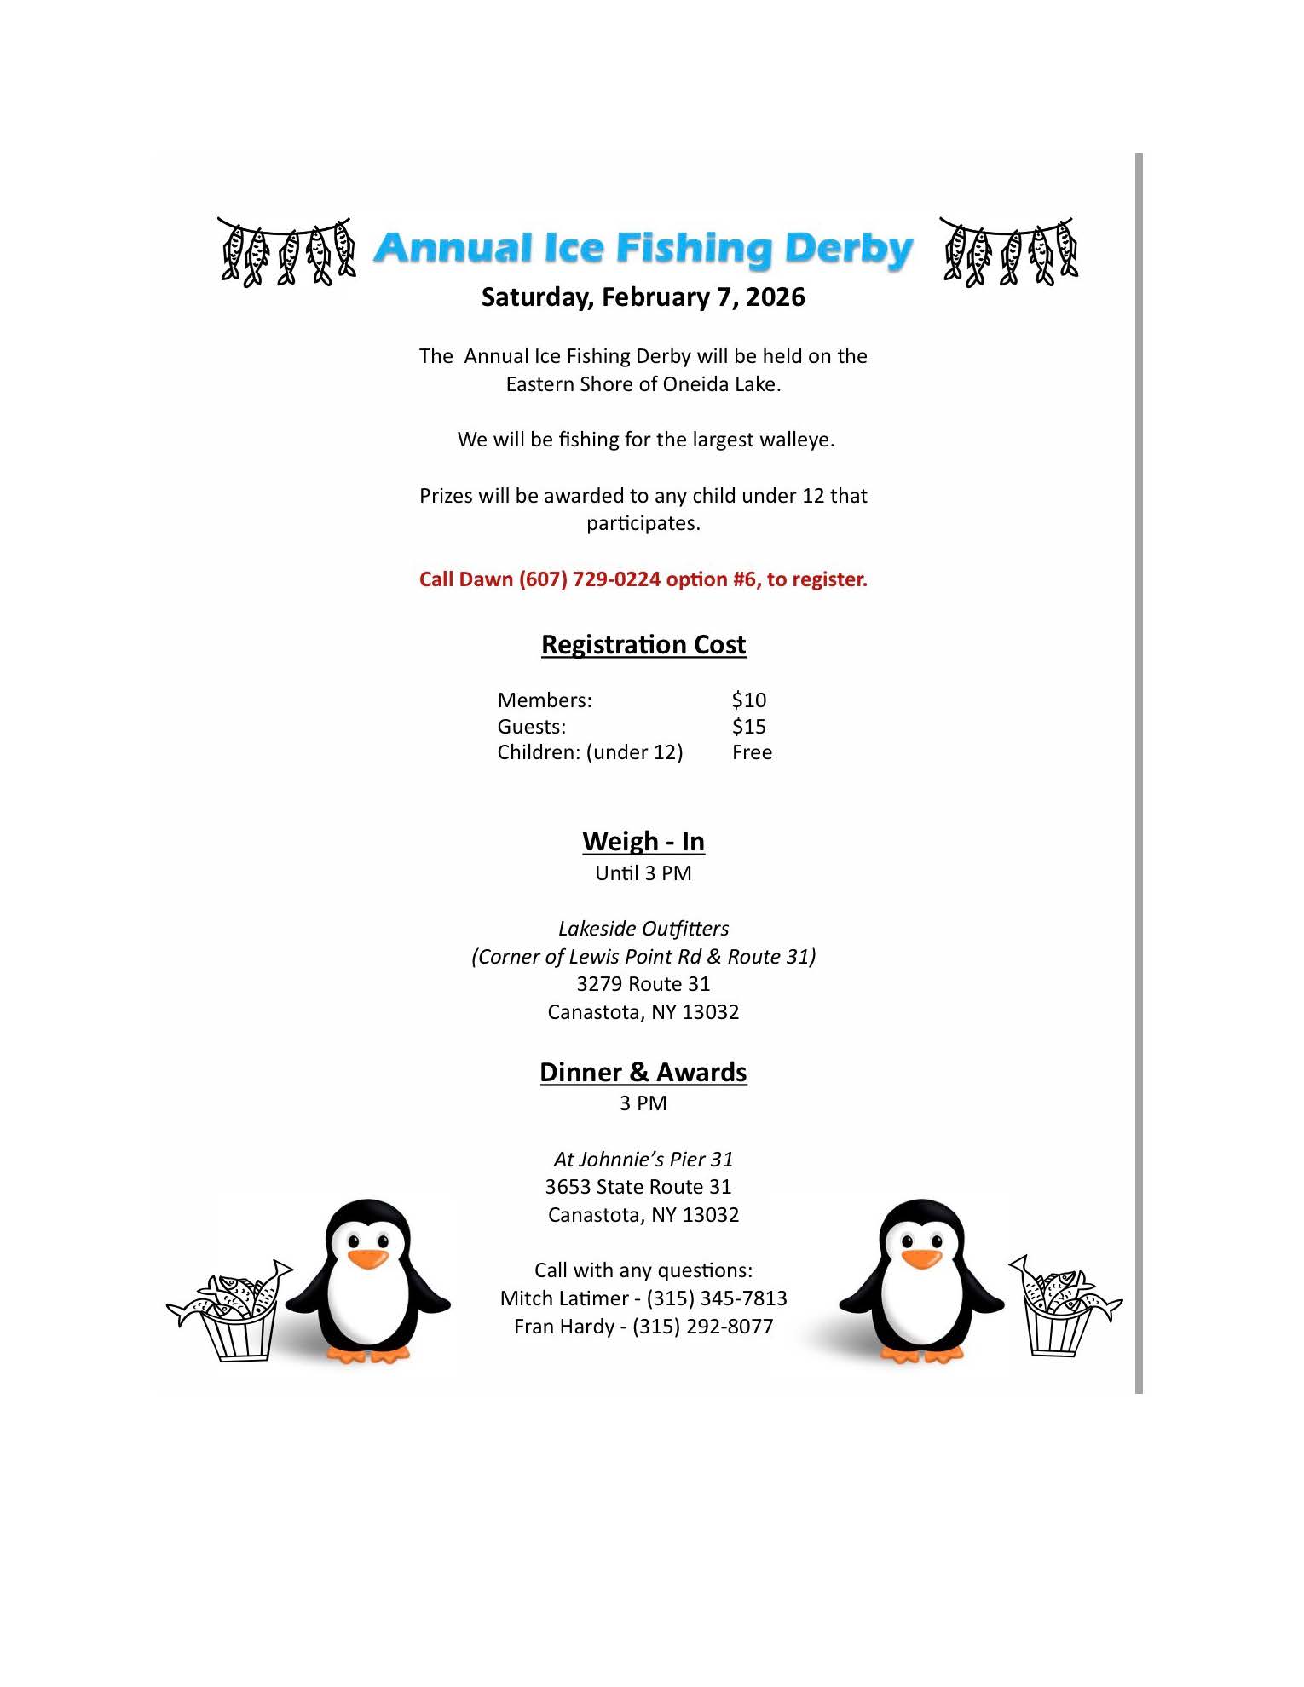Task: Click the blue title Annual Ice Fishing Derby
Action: coord(643,249)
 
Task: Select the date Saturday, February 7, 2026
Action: coord(643,297)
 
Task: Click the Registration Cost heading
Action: coord(643,645)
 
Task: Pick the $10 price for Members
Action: coord(748,700)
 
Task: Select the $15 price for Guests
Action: coord(748,727)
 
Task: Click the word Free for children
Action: coord(752,752)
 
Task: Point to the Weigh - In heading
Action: coord(643,842)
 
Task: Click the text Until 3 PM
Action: coord(643,873)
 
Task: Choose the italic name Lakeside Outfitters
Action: coord(643,929)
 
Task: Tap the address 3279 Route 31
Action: coord(643,984)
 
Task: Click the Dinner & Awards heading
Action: coord(643,1073)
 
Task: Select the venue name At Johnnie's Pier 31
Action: coord(643,1160)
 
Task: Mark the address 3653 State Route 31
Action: coord(638,1187)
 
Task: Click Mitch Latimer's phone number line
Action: coord(643,1298)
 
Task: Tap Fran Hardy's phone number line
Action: coord(643,1327)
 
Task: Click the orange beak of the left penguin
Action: coord(368,1258)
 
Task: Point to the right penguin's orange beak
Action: coord(921,1258)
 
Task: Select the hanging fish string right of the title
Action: coord(1008,251)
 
